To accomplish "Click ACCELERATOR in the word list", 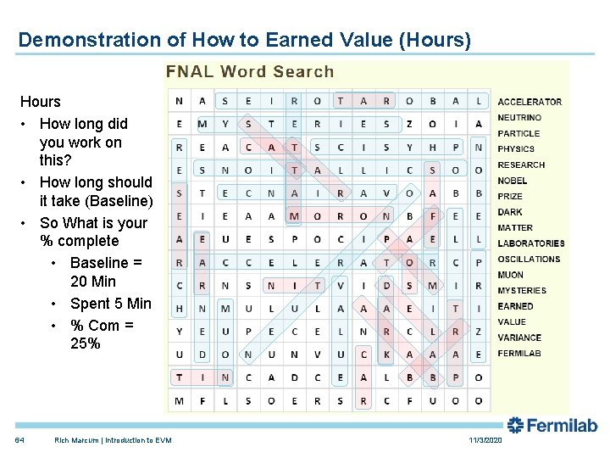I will click(x=529, y=102).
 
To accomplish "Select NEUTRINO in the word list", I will click(x=519, y=118).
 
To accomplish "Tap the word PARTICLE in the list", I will click(x=518, y=133).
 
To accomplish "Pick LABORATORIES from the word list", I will click(x=530, y=243).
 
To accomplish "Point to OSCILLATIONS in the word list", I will click(x=529, y=260).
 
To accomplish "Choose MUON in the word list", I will click(x=510, y=275).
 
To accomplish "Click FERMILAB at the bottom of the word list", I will click(x=518, y=353).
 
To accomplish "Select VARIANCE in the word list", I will click(x=519, y=338).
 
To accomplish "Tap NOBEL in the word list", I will click(x=512, y=181).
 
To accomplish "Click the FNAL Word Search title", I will click(x=250, y=72).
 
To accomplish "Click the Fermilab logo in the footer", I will click(x=552, y=425).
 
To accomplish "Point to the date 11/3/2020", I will click(x=485, y=440).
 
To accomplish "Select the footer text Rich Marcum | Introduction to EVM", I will click(x=113, y=440).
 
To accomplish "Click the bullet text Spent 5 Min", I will click(x=111, y=304).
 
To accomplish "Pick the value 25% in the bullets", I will click(x=86, y=343).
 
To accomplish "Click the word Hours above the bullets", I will click(x=41, y=102).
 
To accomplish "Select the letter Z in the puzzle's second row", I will click(x=409, y=124).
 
